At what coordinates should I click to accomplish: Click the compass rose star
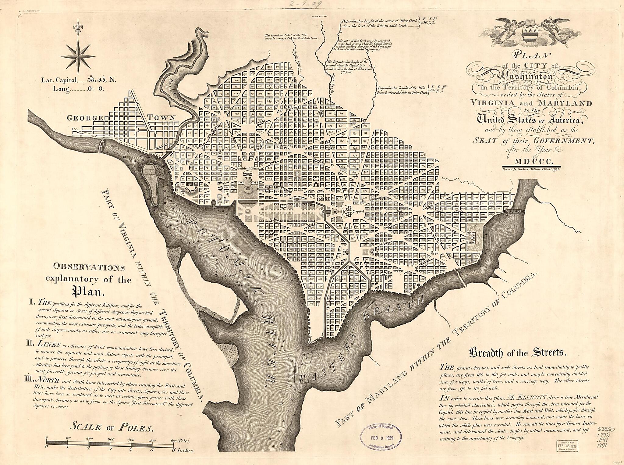[79, 57]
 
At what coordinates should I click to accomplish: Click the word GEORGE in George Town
[85, 118]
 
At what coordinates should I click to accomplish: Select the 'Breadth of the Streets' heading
[518, 353]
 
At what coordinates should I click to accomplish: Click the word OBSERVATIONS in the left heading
[89, 267]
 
